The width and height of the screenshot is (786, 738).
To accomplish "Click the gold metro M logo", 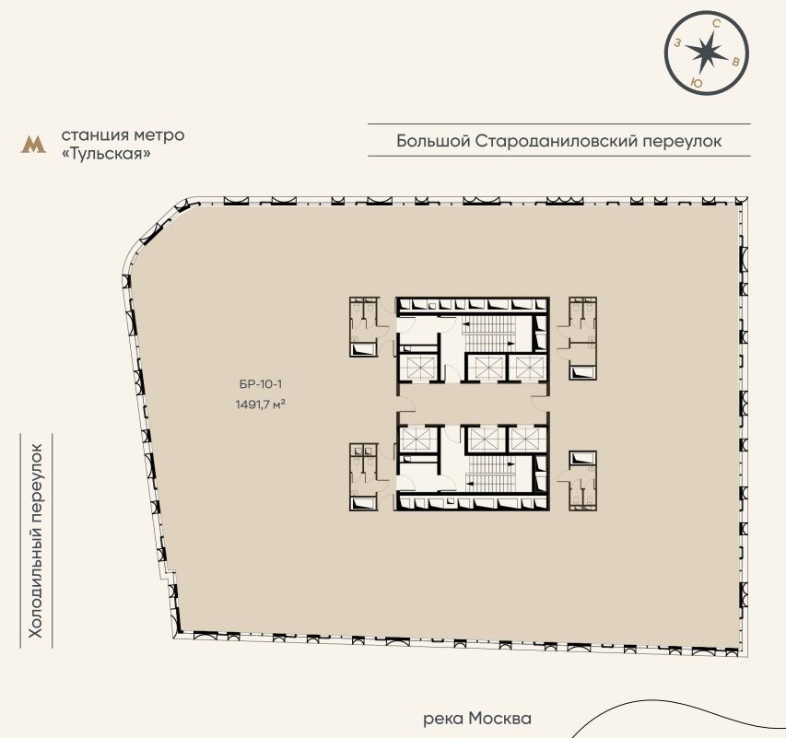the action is click(33, 145).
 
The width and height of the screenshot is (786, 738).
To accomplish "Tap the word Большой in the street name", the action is click(433, 141).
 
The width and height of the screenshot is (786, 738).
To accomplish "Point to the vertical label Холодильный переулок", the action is click(36, 541).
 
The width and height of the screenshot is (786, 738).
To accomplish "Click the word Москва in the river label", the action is click(499, 719).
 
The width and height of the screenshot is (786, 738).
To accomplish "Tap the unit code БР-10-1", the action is click(261, 384).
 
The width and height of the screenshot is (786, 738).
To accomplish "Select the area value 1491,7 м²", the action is click(261, 404).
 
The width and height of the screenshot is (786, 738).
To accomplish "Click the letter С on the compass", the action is click(717, 24).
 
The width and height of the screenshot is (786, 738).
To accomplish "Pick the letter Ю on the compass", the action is click(696, 83).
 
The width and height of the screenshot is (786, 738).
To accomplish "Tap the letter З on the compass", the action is click(677, 42).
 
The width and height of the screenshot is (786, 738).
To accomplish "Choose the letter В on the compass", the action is click(735, 62).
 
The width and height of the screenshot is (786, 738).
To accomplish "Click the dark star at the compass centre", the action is click(706, 53).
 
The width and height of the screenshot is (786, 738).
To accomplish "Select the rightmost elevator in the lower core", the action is click(528, 439).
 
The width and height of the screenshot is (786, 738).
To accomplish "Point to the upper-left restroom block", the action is click(363, 327).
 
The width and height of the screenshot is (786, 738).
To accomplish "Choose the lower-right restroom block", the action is click(582, 481).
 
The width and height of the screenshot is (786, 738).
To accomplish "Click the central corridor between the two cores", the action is click(473, 404).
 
